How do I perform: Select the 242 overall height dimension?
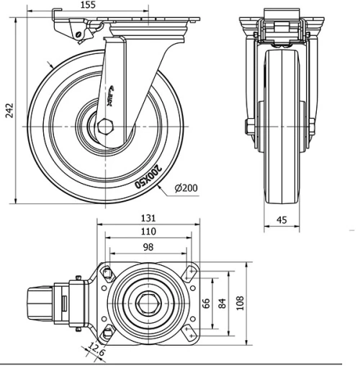(x=6, y=109)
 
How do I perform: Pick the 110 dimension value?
(x=148, y=233)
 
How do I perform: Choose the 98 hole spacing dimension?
(x=148, y=247)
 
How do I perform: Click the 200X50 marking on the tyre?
(x=148, y=177)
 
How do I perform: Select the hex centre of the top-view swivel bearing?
(x=148, y=302)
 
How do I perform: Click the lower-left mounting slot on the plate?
(x=107, y=333)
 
